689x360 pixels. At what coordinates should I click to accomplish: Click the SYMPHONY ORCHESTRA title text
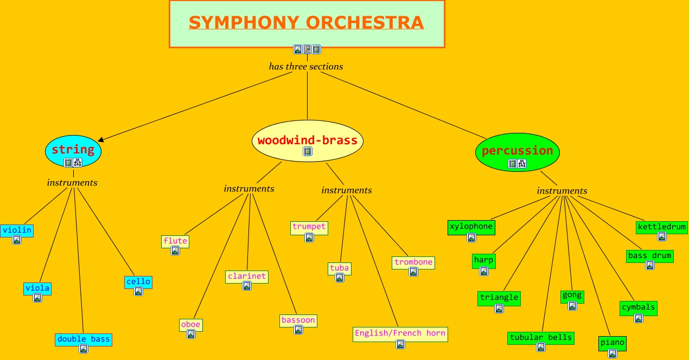(306, 23)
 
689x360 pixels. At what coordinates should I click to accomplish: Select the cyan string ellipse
(73, 150)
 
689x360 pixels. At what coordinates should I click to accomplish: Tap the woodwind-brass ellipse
(308, 140)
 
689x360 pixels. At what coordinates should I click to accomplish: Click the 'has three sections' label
(306, 67)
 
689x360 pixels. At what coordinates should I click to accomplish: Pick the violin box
(17, 230)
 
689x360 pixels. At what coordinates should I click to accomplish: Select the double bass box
(84, 339)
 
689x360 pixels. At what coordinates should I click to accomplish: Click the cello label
(138, 282)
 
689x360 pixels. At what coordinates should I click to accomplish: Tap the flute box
(175, 241)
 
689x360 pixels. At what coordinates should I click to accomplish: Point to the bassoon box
(298, 320)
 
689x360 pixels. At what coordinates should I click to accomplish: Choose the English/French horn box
(400, 333)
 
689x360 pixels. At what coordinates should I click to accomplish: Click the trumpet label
(309, 227)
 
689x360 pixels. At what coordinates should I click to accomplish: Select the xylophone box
(471, 227)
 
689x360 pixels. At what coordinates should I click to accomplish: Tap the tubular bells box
(541, 338)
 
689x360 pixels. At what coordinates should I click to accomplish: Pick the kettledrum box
(662, 227)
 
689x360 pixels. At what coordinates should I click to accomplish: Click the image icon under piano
(613, 353)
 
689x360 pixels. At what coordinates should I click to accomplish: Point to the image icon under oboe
(191, 334)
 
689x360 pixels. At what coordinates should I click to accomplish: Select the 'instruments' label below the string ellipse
(72, 183)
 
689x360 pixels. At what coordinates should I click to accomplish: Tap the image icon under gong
(572, 306)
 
